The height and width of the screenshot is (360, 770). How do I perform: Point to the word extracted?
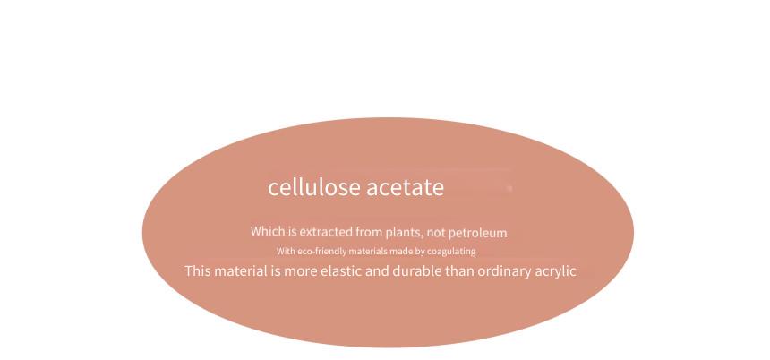pyautogui.click(x=326, y=231)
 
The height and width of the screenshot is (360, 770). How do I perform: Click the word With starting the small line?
pyautogui.click(x=286, y=251)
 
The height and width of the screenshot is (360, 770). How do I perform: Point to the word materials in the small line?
pyautogui.click(x=368, y=252)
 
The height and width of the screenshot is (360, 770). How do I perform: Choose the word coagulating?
pyautogui.click(x=451, y=252)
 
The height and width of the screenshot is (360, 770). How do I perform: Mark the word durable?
pyautogui.click(x=417, y=271)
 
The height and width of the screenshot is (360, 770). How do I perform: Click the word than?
pyautogui.click(x=459, y=271)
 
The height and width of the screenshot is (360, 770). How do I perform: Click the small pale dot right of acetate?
pyautogui.click(x=509, y=188)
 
